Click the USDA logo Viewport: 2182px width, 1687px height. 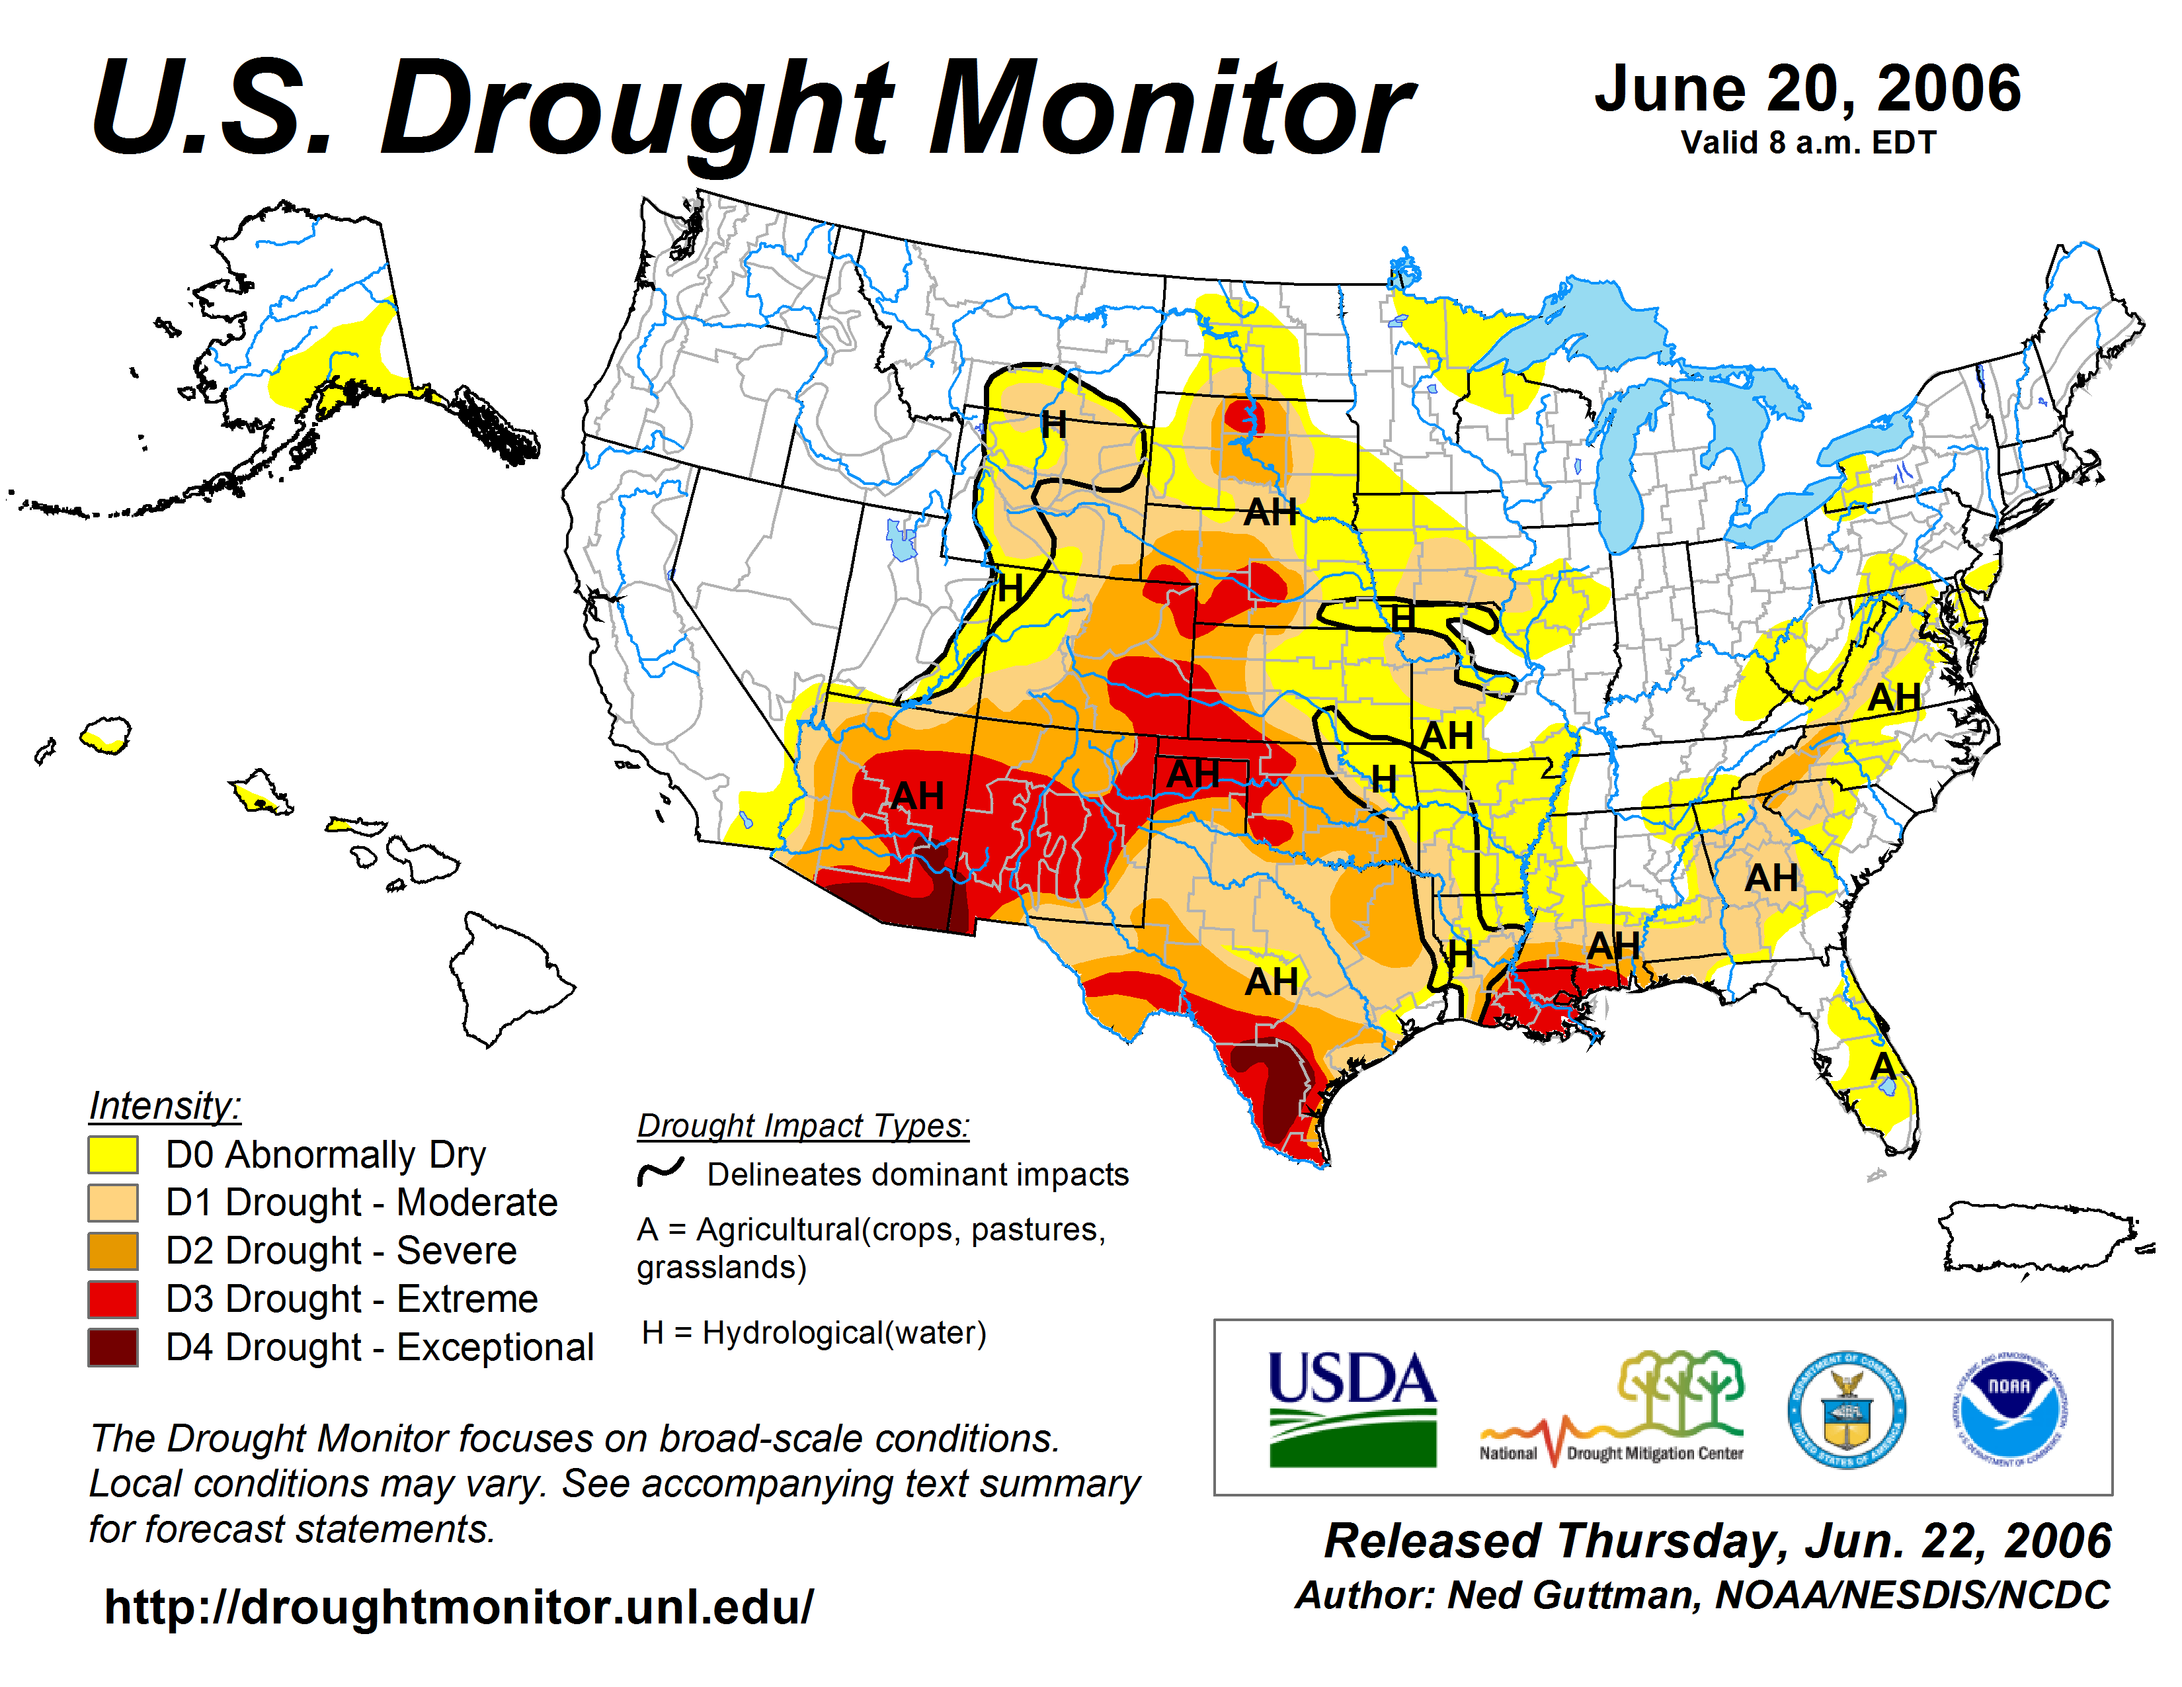(x=1352, y=1408)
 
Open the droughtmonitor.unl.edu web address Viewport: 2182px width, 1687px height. (x=459, y=1607)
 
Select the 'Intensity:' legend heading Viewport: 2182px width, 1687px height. (x=165, y=1105)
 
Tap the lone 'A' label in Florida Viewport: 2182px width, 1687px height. (x=1883, y=1066)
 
